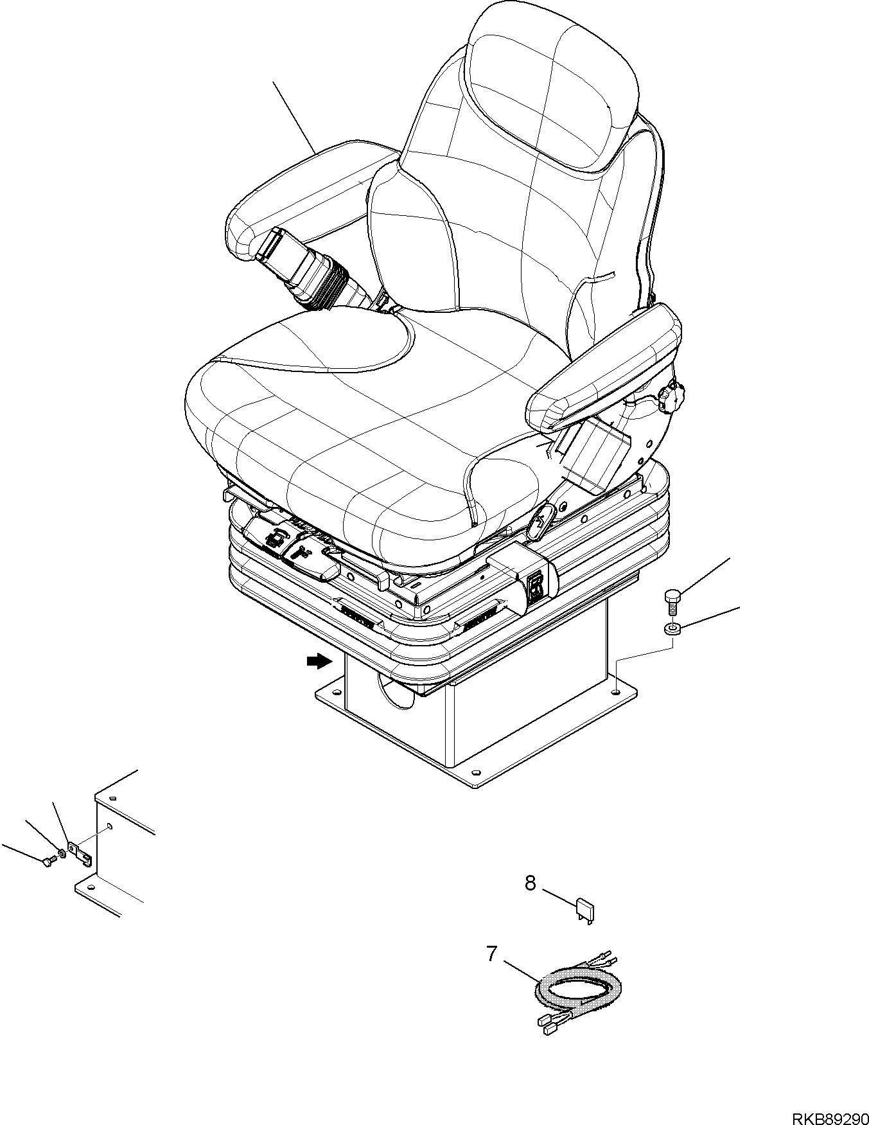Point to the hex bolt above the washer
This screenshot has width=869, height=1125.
tap(671, 601)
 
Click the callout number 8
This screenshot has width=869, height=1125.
tap(531, 883)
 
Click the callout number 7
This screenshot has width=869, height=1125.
tap(492, 954)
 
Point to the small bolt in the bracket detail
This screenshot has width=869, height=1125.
tap(48, 864)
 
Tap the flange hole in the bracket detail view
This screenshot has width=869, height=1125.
tap(109, 826)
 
